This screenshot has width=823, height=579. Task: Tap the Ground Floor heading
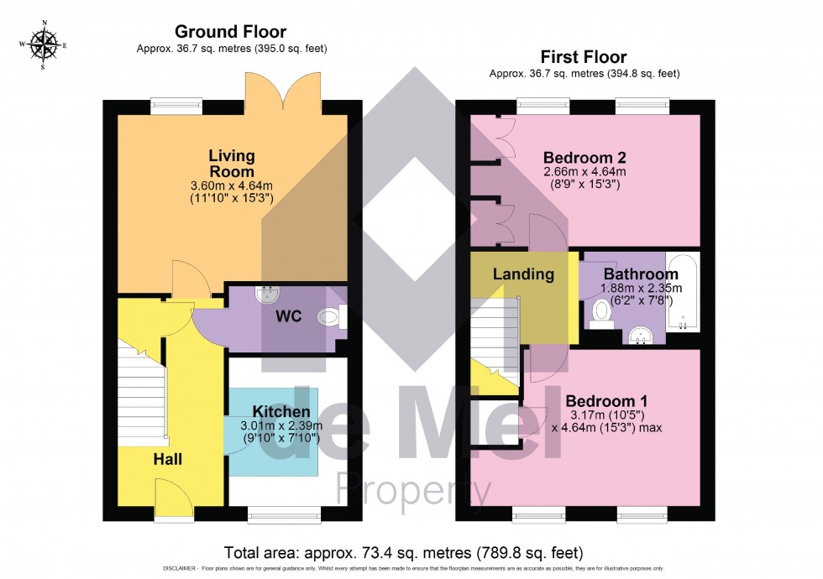click(230, 33)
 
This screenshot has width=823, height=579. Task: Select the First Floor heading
click(584, 57)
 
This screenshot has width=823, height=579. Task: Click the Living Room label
click(232, 163)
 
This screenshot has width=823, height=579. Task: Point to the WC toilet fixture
click(330, 318)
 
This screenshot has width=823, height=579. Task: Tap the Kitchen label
click(282, 412)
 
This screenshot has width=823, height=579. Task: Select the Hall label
click(167, 459)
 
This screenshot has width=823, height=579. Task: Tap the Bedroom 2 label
click(584, 158)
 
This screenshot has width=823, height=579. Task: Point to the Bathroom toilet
click(600, 313)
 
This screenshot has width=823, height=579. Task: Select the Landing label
click(523, 274)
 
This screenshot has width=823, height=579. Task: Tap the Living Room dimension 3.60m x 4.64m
click(232, 185)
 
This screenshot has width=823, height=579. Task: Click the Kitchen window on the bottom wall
click(284, 511)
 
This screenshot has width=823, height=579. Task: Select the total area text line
click(403, 553)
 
